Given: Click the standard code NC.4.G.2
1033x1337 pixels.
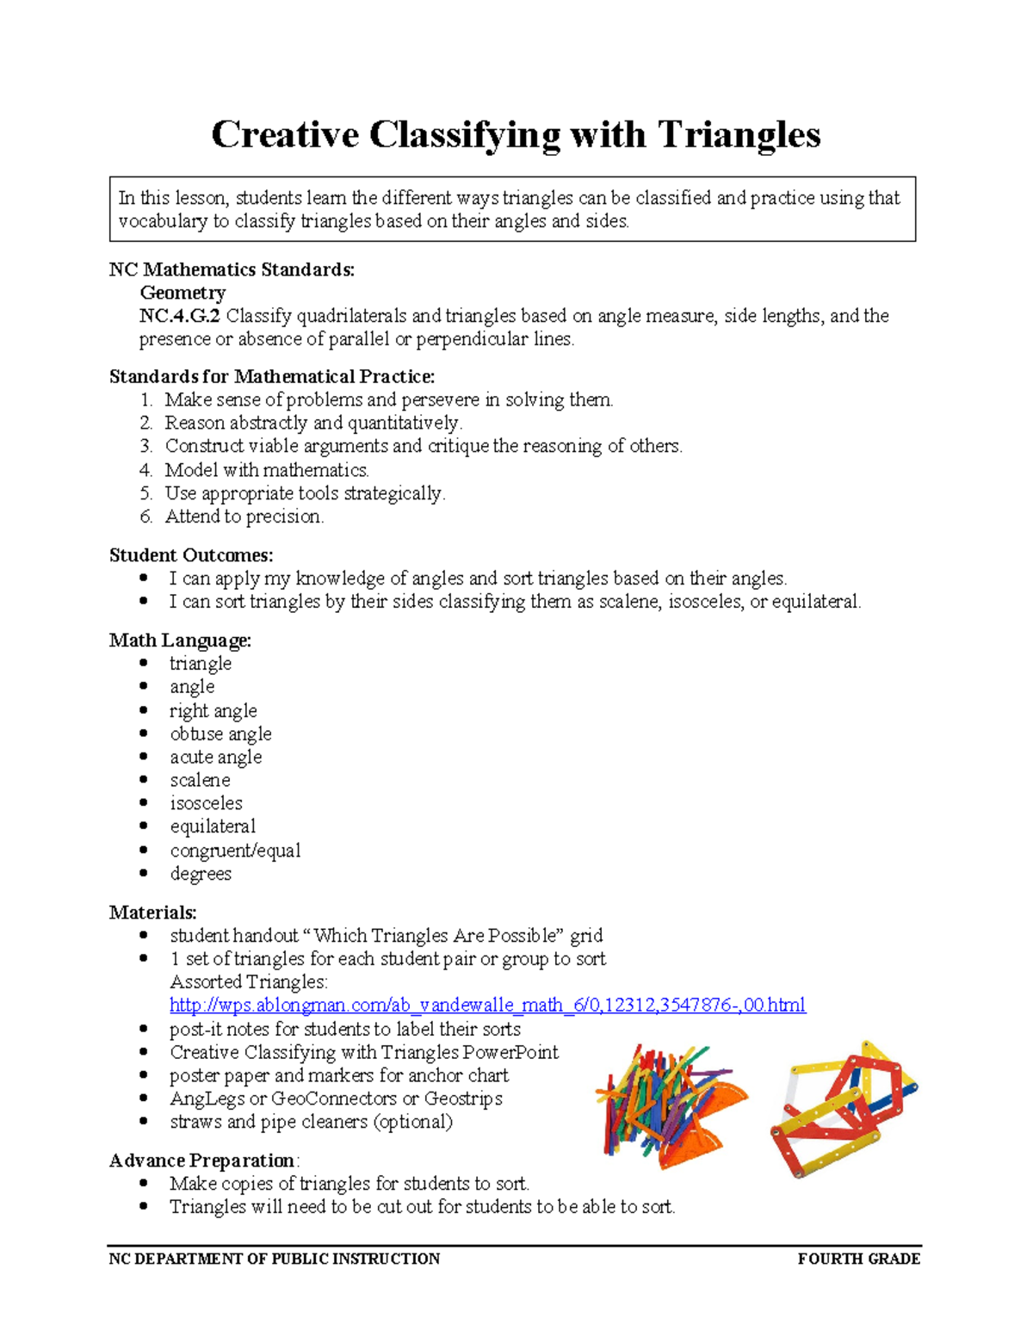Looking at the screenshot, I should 179,316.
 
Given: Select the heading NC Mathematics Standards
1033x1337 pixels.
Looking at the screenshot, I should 232,269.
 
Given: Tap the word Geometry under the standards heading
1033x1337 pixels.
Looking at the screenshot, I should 182,293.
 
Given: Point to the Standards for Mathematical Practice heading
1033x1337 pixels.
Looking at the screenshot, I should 272,376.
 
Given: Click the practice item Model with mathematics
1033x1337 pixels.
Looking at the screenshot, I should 266,470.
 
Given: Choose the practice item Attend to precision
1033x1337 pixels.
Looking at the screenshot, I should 244,517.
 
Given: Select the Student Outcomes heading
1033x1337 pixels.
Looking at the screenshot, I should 191,555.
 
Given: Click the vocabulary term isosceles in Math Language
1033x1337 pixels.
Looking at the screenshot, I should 206,803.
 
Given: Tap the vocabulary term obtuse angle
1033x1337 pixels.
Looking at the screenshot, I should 220,733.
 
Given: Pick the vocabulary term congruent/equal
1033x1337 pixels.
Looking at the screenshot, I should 235,851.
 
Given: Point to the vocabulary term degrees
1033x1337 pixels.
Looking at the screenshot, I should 201,874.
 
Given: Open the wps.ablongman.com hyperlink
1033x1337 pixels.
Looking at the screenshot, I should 487,1006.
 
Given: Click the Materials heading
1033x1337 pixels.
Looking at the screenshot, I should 152,913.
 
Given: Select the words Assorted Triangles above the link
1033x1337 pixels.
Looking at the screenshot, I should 248,982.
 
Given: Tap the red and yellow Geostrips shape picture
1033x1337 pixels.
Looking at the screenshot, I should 844,1110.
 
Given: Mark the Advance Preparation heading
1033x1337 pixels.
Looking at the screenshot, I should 203,1161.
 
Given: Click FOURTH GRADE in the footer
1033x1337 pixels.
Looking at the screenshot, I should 858,1259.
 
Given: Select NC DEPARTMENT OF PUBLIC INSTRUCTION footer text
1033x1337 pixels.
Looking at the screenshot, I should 274,1259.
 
